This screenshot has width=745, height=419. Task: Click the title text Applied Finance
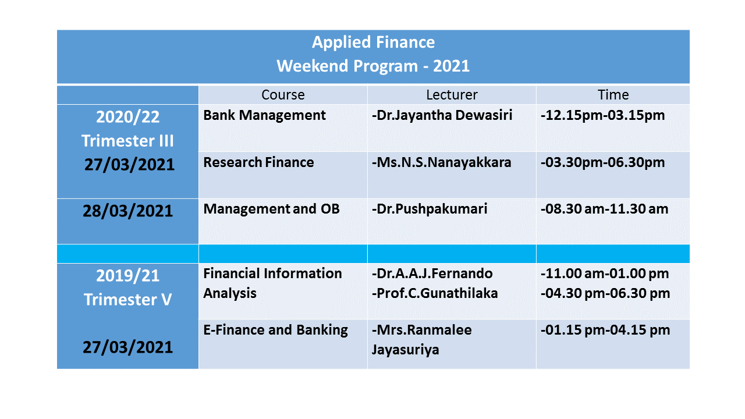tap(373, 42)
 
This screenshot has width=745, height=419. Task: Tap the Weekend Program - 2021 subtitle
tap(373, 66)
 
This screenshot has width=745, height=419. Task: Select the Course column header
tap(283, 95)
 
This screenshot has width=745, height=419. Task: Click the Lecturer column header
tap(452, 95)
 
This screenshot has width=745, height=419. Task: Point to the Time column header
tap(613, 95)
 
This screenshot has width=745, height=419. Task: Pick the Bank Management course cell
tap(264, 116)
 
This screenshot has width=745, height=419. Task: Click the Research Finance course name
tap(258, 162)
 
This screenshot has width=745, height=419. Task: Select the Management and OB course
tap(271, 209)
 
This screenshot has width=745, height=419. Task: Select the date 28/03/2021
tap(127, 211)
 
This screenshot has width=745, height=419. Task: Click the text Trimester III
tap(127, 141)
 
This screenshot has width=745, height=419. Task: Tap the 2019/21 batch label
tap(127, 276)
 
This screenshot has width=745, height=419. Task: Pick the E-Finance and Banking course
tap(275, 330)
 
